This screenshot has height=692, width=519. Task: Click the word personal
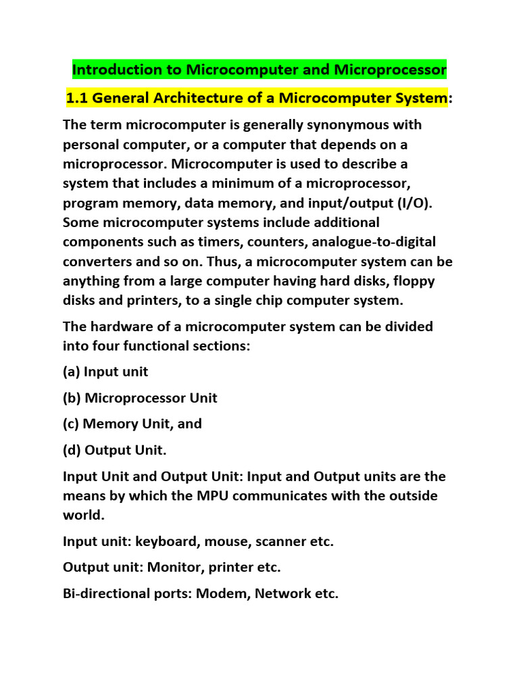click(x=91, y=145)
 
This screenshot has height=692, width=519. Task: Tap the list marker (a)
click(x=71, y=372)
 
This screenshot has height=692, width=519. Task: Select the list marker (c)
click(x=71, y=424)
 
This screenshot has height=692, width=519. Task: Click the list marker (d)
click(x=72, y=450)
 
